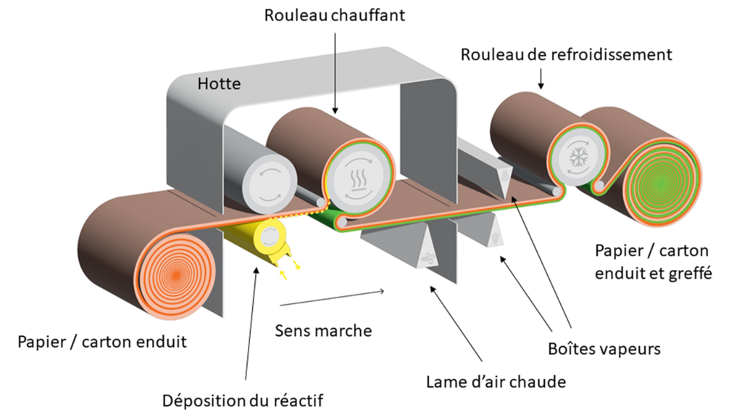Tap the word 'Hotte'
(x=219, y=84)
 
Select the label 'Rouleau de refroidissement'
(x=567, y=54)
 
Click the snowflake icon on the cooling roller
(x=578, y=160)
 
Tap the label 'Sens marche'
(x=323, y=330)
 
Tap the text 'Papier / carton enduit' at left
(x=102, y=341)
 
